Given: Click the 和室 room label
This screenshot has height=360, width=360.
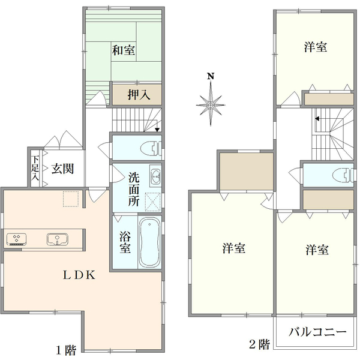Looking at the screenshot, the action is (x=123, y=50).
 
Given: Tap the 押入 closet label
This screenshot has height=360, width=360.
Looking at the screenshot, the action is (x=139, y=95).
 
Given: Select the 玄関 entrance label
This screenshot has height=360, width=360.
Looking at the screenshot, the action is (x=62, y=169).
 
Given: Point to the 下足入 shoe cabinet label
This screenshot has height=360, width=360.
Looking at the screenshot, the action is (x=35, y=168).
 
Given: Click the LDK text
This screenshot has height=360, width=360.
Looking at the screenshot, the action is (x=79, y=275).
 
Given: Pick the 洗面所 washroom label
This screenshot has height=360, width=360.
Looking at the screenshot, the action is (x=134, y=189).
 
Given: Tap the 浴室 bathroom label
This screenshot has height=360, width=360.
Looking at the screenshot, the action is (x=125, y=242).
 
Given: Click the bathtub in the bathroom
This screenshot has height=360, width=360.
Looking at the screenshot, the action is (x=149, y=242).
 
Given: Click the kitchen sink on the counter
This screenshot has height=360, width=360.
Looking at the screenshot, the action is (x=58, y=239).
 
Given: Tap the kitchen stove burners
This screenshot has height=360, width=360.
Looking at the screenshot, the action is (x=17, y=239).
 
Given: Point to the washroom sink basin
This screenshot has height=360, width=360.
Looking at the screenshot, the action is (x=155, y=176).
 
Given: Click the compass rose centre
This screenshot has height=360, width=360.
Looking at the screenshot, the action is (x=211, y=105).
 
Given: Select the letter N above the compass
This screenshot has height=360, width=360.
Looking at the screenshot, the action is (x=211, y=76).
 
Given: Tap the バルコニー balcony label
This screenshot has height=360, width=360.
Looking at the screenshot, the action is (x=317, y=332).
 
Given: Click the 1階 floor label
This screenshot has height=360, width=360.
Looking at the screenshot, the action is (x=66, y=350).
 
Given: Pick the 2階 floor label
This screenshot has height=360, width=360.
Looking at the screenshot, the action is (x=259, y=344).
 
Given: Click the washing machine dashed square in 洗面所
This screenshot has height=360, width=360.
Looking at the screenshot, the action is (x=153, y=202).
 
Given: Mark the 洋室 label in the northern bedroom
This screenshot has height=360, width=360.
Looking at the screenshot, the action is (x=316, y=47).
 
